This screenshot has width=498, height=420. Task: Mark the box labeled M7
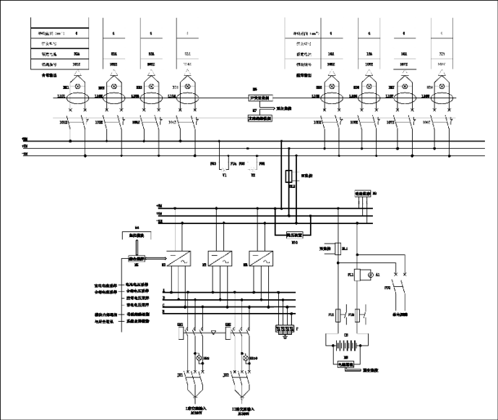pyautogui.click(x=259, y=116)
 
